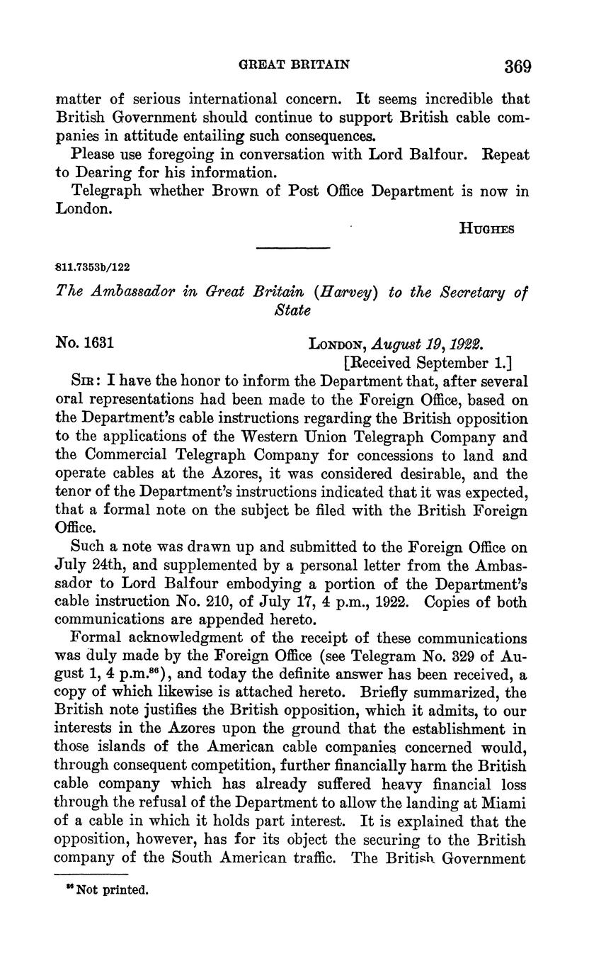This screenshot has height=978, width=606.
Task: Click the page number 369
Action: pos(518,67)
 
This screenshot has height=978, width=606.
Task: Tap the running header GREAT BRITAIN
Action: pos(292,64)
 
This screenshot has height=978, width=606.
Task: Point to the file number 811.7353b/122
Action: pos(93,267)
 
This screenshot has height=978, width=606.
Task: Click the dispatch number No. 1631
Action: pos(85,344)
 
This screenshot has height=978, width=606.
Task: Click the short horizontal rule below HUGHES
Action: pos(293,248)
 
